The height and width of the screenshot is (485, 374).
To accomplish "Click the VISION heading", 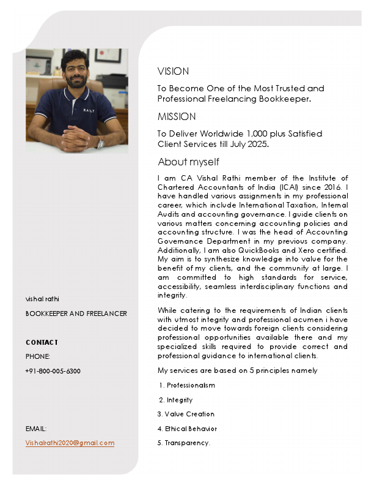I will [173, 71].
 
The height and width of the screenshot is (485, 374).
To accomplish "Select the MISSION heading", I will [177, 116].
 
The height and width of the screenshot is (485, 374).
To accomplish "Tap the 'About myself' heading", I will [188, 162].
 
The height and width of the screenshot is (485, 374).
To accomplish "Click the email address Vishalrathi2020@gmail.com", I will [70, 443].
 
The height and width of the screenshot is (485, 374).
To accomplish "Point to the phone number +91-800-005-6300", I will [53, 371].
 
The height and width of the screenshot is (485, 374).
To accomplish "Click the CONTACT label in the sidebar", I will [42, 342].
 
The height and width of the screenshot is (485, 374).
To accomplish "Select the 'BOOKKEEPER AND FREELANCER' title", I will [76, 314].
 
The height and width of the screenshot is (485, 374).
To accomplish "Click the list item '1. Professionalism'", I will [187, 385].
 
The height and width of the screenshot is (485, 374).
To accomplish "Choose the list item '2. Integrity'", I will [176, 400].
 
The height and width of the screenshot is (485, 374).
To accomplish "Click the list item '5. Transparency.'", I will [184, 443].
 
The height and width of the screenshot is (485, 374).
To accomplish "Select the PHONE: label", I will [37, 356].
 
